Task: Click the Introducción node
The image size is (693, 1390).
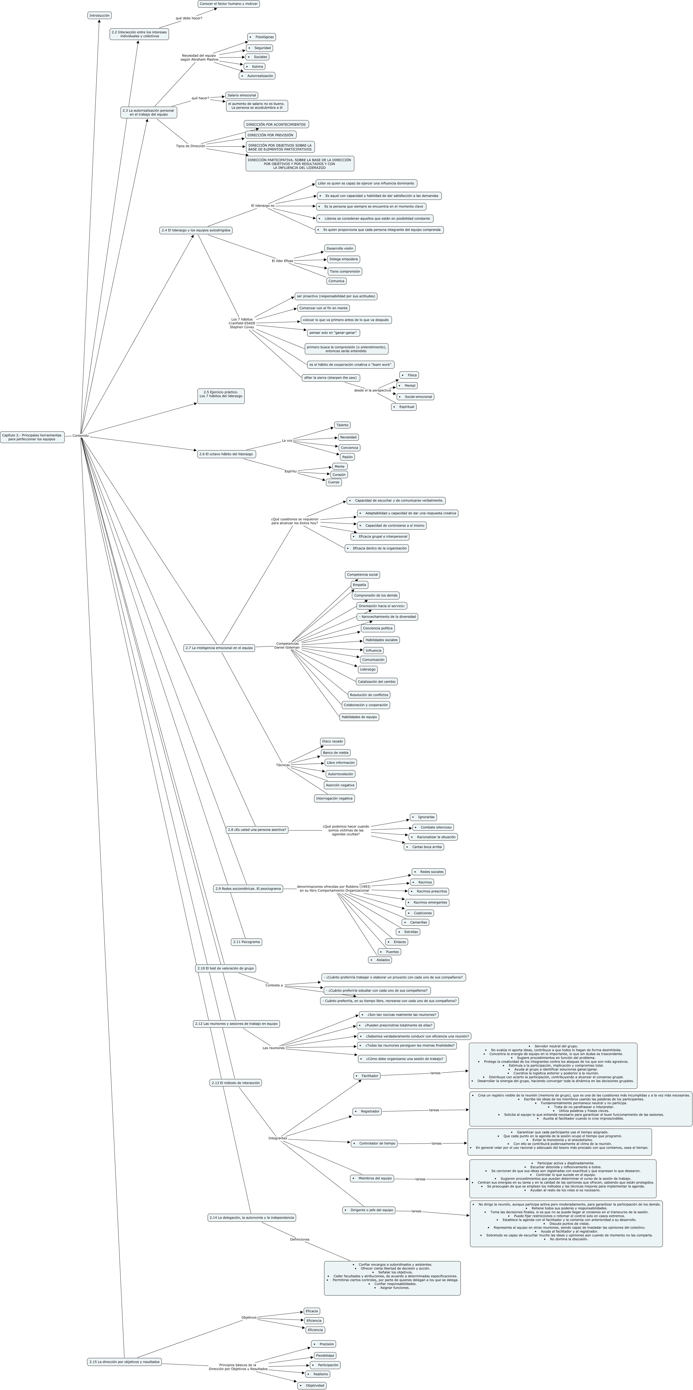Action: click(99, 16)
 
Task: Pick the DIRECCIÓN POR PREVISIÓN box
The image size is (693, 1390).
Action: click(270, 135)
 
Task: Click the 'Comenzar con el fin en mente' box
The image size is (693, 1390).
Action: click(323, 308)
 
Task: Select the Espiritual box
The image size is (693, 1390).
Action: click(404, 407)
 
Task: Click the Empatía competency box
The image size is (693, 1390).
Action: click(359, 585)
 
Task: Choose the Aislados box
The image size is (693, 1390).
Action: click(380, 960)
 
